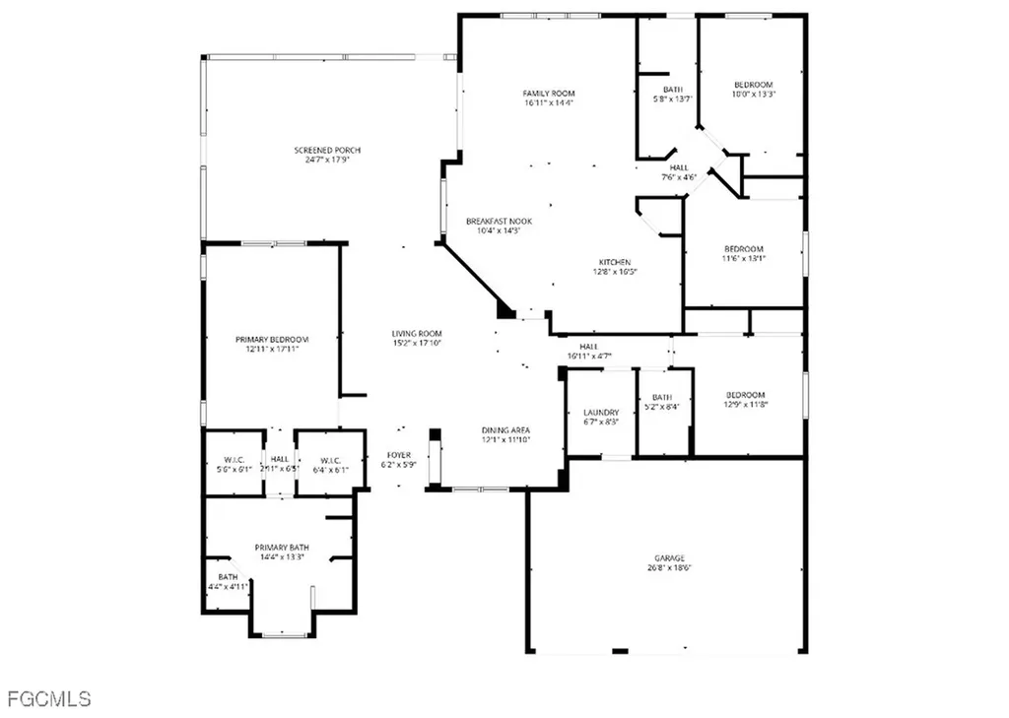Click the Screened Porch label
point(327,150)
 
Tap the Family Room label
point(549,94)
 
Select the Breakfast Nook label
point(500,222)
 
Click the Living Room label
point(417,334)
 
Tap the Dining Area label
point(506,430)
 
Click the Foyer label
point(398,455)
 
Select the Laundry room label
point(601,413)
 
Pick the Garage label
point(669,557)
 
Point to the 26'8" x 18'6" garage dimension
point(669,567)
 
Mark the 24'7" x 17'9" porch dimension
point(327,160)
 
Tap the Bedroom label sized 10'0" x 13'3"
point(753,85)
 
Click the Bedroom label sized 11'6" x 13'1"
point(744,249)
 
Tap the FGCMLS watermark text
point(48,699)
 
